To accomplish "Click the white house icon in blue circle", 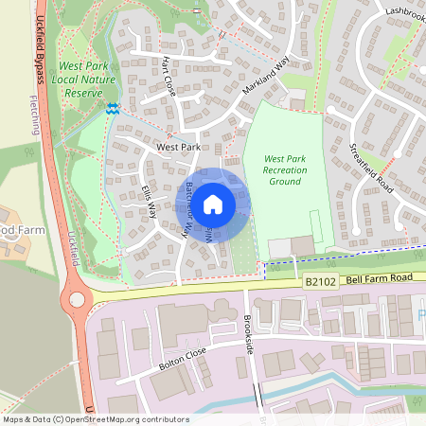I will pos(213,204).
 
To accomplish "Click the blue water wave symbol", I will pos(112,110).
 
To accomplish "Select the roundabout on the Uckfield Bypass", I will pos(76,302).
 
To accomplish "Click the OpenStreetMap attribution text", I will pos(96,419).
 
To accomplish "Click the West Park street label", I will pos(178,149).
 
